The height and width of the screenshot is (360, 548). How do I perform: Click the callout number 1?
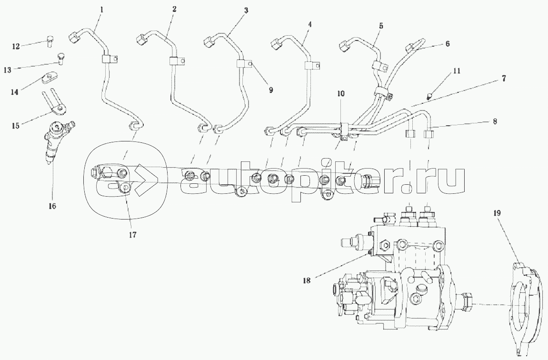click(101, 9)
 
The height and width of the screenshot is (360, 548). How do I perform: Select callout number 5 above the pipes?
click(381, 26)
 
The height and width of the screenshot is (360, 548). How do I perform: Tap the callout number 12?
click(16, 46)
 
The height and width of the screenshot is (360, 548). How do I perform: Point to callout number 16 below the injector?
click(52, 206)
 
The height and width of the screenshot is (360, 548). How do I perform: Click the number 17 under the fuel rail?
click(132, 234)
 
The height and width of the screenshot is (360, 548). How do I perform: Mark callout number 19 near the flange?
click(497, 214)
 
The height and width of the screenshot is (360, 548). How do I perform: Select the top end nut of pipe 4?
click(277, 45)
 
